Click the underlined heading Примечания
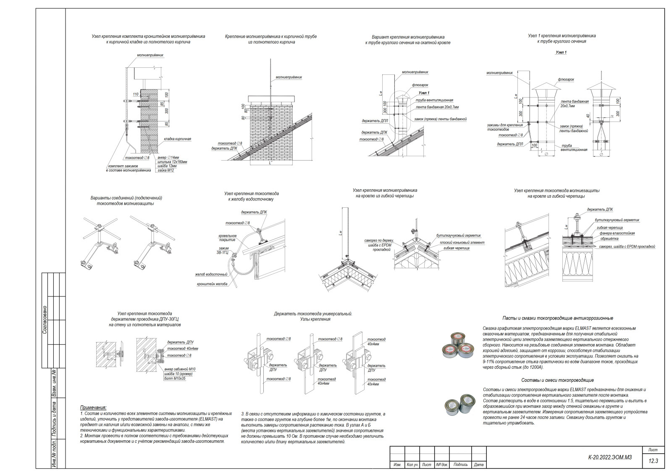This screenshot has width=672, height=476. [x=93, y=407]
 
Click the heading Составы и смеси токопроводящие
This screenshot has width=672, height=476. [x=557, y=380]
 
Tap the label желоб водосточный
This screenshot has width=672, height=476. [x=211, y=275]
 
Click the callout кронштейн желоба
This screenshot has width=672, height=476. [x=212, y=284]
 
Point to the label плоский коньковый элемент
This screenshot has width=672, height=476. [x=462, y=243]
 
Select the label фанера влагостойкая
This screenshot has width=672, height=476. [x=617, y=233]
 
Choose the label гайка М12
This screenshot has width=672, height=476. [x=165, y=170]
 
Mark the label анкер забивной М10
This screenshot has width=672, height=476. [x=180, y=369]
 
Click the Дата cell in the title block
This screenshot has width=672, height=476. [x=478, y=465]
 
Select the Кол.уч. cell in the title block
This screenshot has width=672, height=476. [x=412, y=465]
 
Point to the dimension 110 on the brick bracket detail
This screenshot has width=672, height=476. [x=135, y=95]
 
